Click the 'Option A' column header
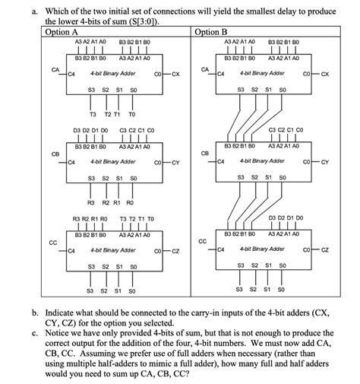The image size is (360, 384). [62, 32]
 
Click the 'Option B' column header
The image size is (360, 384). [211, 32]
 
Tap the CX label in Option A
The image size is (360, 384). [175, 74]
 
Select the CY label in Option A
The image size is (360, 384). [175, 162]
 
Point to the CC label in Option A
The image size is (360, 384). [53, 242]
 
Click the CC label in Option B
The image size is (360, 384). [202, 241]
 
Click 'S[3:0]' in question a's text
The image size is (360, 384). [143, 21]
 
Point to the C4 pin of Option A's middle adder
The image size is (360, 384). [71, 162]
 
